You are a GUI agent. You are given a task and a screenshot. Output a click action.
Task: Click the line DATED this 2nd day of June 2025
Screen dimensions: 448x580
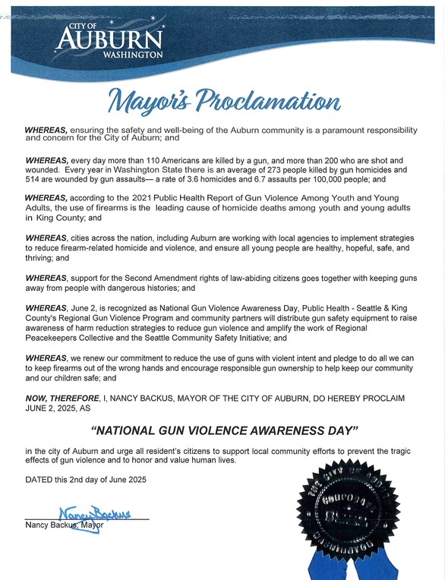click(x=85, y=479)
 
